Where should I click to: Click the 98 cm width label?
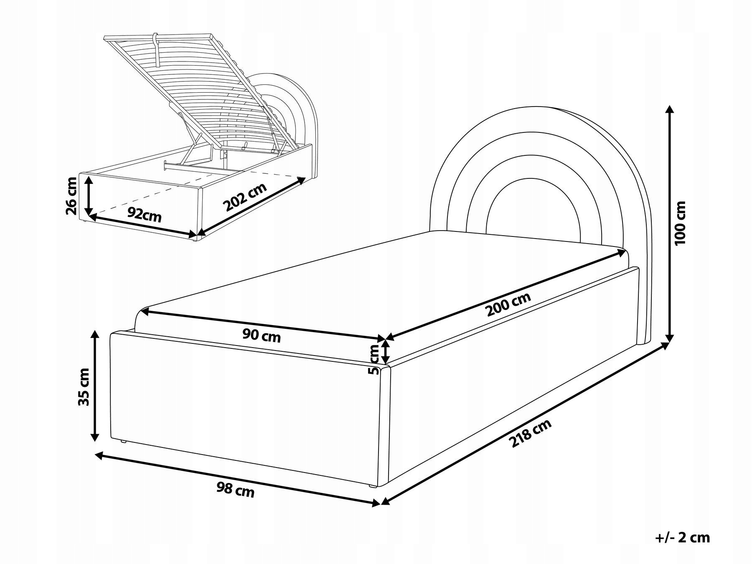click(x=236, y=489)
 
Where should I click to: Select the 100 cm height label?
click(x=680, y=223)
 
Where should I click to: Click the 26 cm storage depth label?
click(x=71, y=195)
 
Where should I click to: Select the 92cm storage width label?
click(x=145, y=215)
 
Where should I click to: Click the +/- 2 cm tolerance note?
click(x=682, y=537)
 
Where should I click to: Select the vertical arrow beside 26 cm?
click(x=88, y=195)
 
